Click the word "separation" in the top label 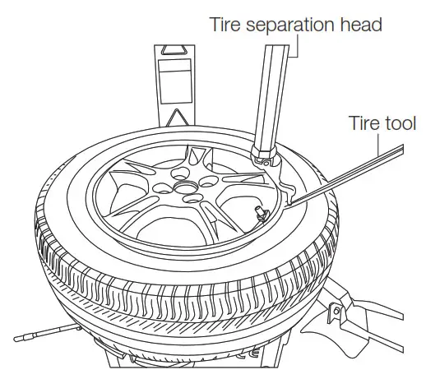tap(285, 25)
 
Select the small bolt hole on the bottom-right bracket tap(336, 311)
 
